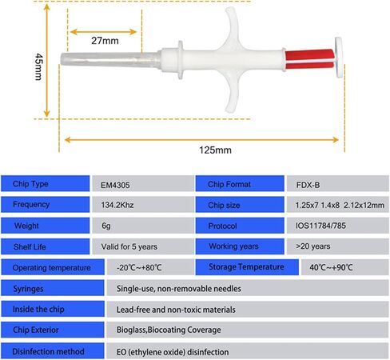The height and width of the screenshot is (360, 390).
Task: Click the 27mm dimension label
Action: point(105,41)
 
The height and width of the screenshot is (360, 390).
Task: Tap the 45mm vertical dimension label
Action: point(39,66)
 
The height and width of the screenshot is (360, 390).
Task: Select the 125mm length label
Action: point(215,150)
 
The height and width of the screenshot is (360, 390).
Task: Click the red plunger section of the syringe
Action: point(310,59)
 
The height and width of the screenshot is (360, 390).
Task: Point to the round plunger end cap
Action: point(339,58)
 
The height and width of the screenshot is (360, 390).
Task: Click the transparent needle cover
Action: point(110,60)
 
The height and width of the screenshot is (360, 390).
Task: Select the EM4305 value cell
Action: point(143,184)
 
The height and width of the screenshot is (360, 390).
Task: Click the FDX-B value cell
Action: point(338,184)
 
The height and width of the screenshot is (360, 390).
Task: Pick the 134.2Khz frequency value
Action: point(117,205)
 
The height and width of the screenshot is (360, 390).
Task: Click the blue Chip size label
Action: point(240,205)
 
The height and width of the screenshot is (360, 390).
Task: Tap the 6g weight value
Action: point(106,226)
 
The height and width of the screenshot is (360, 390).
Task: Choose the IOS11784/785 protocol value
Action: point(320,226)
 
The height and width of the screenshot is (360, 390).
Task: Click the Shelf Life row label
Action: point(46,246)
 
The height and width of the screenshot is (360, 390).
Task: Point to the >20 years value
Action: point(313,246)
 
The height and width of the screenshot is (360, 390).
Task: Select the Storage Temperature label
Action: point(247,267)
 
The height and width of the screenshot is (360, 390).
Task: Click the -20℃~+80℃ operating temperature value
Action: point(139,267)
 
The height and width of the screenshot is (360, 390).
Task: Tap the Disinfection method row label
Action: point(53,351)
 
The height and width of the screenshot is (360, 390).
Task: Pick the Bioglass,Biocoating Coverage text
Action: point(169,330)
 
